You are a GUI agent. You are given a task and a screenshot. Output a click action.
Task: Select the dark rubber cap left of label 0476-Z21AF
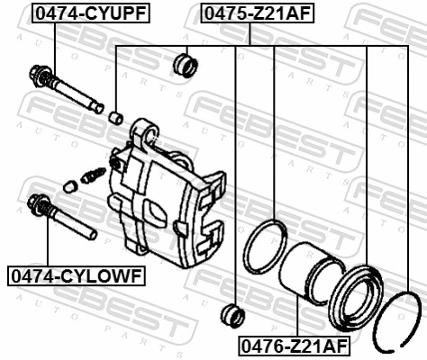click(233, 315)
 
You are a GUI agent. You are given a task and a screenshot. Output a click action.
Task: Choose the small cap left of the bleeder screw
click(70, 186)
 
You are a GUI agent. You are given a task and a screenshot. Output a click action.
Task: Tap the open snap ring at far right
click(399, 314)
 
